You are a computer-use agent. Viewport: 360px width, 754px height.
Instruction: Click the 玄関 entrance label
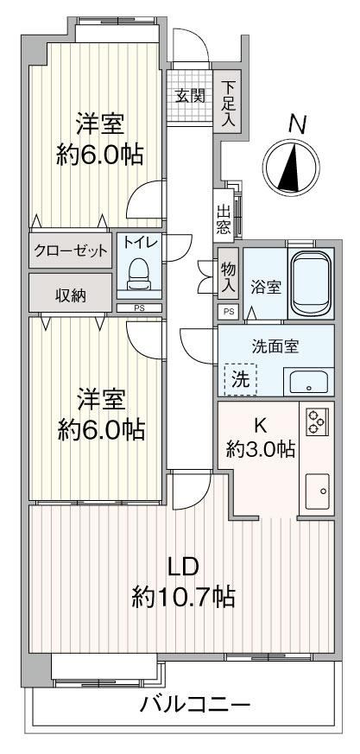click(x=190, y=96)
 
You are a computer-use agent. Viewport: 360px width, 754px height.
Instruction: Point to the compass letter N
click(x=298, y=124)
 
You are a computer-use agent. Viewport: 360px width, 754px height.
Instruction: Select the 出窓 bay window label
click(x=224, y=219)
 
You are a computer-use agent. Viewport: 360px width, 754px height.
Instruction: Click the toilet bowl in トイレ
click(x=139, y=274)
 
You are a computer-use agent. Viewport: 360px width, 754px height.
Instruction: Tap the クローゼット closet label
click(x=71, y=250)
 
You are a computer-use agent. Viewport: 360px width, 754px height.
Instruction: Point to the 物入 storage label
click(x=229, y=277)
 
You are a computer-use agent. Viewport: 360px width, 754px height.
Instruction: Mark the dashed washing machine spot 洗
click(x=240, y=380)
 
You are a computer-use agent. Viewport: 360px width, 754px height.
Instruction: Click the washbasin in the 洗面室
click(x=306, y=382)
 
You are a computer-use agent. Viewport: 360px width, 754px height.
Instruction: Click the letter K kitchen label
click(x=261, y=425)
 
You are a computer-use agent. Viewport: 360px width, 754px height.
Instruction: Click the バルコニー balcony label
click(x=196, y=706)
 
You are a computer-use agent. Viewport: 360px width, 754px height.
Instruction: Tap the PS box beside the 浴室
click(x=228, y=311)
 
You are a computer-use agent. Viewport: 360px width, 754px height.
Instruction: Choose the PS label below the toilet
click(x=139, y=308)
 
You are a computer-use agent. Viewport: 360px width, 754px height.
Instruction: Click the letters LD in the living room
click(x=183, y=567)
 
